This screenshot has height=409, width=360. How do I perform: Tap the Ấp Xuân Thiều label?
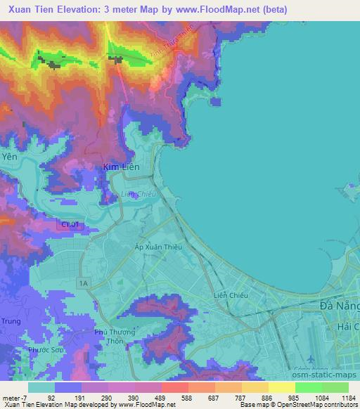157,246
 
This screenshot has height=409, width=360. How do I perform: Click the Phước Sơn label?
44,350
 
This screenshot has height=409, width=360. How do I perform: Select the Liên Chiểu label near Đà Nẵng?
231,296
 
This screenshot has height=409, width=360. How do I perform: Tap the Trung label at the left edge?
11,323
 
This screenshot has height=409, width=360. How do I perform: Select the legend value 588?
188,397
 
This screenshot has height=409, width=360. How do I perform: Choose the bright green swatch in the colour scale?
309,387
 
